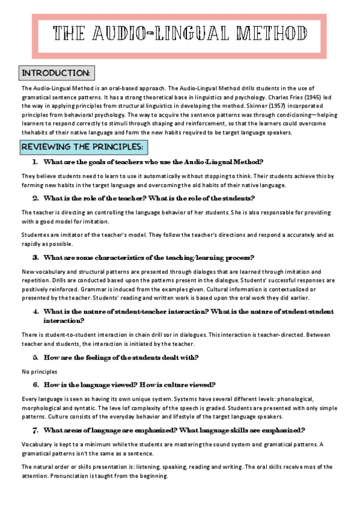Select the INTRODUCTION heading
coord(55,73)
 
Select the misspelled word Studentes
coord(36,235)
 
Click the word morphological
coord(43,407)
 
